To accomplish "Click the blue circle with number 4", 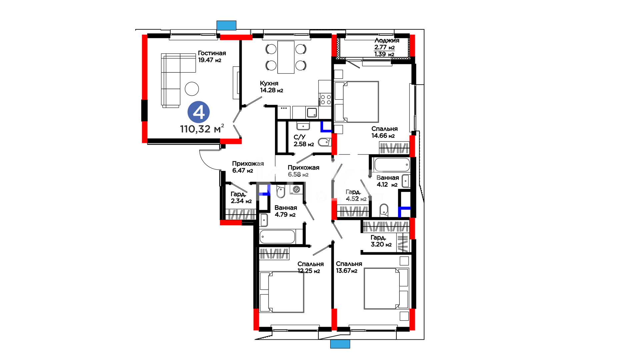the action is pyautogui.click(x=199, y=112).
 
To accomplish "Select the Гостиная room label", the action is pyautogui.click(x=212, y=53).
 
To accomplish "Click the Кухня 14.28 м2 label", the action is pyautogui.click(x=271, y=87).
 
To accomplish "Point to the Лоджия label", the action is pyautogui.click(x=387, y=40).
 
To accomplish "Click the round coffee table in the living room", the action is pyautogui.click(x=192, y=89).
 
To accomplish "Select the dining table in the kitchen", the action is pyautogui.click(x=286, y=57).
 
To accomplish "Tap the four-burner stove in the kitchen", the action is pyautogui.click(x=325, y=99).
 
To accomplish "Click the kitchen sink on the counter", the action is pyautogui.click(x=312, y=113).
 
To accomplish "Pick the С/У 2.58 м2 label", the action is pyautogui.click(x=304, y=141).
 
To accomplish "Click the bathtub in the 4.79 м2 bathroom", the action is pyautogui.click(x=277, y=237).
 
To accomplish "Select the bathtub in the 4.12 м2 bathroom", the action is pyautogui.click(x=392, y=165).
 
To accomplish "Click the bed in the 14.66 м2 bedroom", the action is pyautogui.click(x=357, y=102).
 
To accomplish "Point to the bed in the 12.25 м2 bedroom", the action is pyautogui.click(x=282, y=292).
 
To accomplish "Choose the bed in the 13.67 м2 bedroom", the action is pyautogui.click(x=386, y=288).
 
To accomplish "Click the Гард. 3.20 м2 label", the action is pyautogui.click(x=381, y=241).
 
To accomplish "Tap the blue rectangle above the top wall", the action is pyautogui.click(x=226, y=26).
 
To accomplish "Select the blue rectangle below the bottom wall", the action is pyautogui.click(x=340, y=344).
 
